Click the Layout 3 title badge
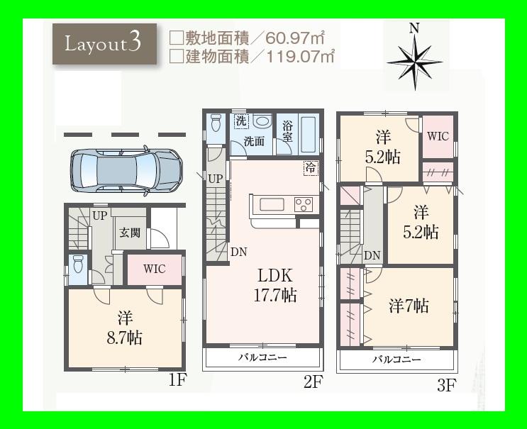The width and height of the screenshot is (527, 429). point(104,43)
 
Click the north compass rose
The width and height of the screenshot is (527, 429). point(414,56)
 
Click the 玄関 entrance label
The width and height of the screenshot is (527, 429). point(129,232)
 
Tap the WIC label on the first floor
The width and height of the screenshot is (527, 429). point(154,269)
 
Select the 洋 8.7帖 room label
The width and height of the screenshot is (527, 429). point(126,327)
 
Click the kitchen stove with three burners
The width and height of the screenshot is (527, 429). point(303,204)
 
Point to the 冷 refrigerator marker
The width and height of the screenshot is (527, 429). point(311,168)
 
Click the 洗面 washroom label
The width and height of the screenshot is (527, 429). point(254,141)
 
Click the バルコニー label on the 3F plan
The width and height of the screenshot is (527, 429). point(396,360)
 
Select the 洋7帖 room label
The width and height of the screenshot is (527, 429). point(408,306)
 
